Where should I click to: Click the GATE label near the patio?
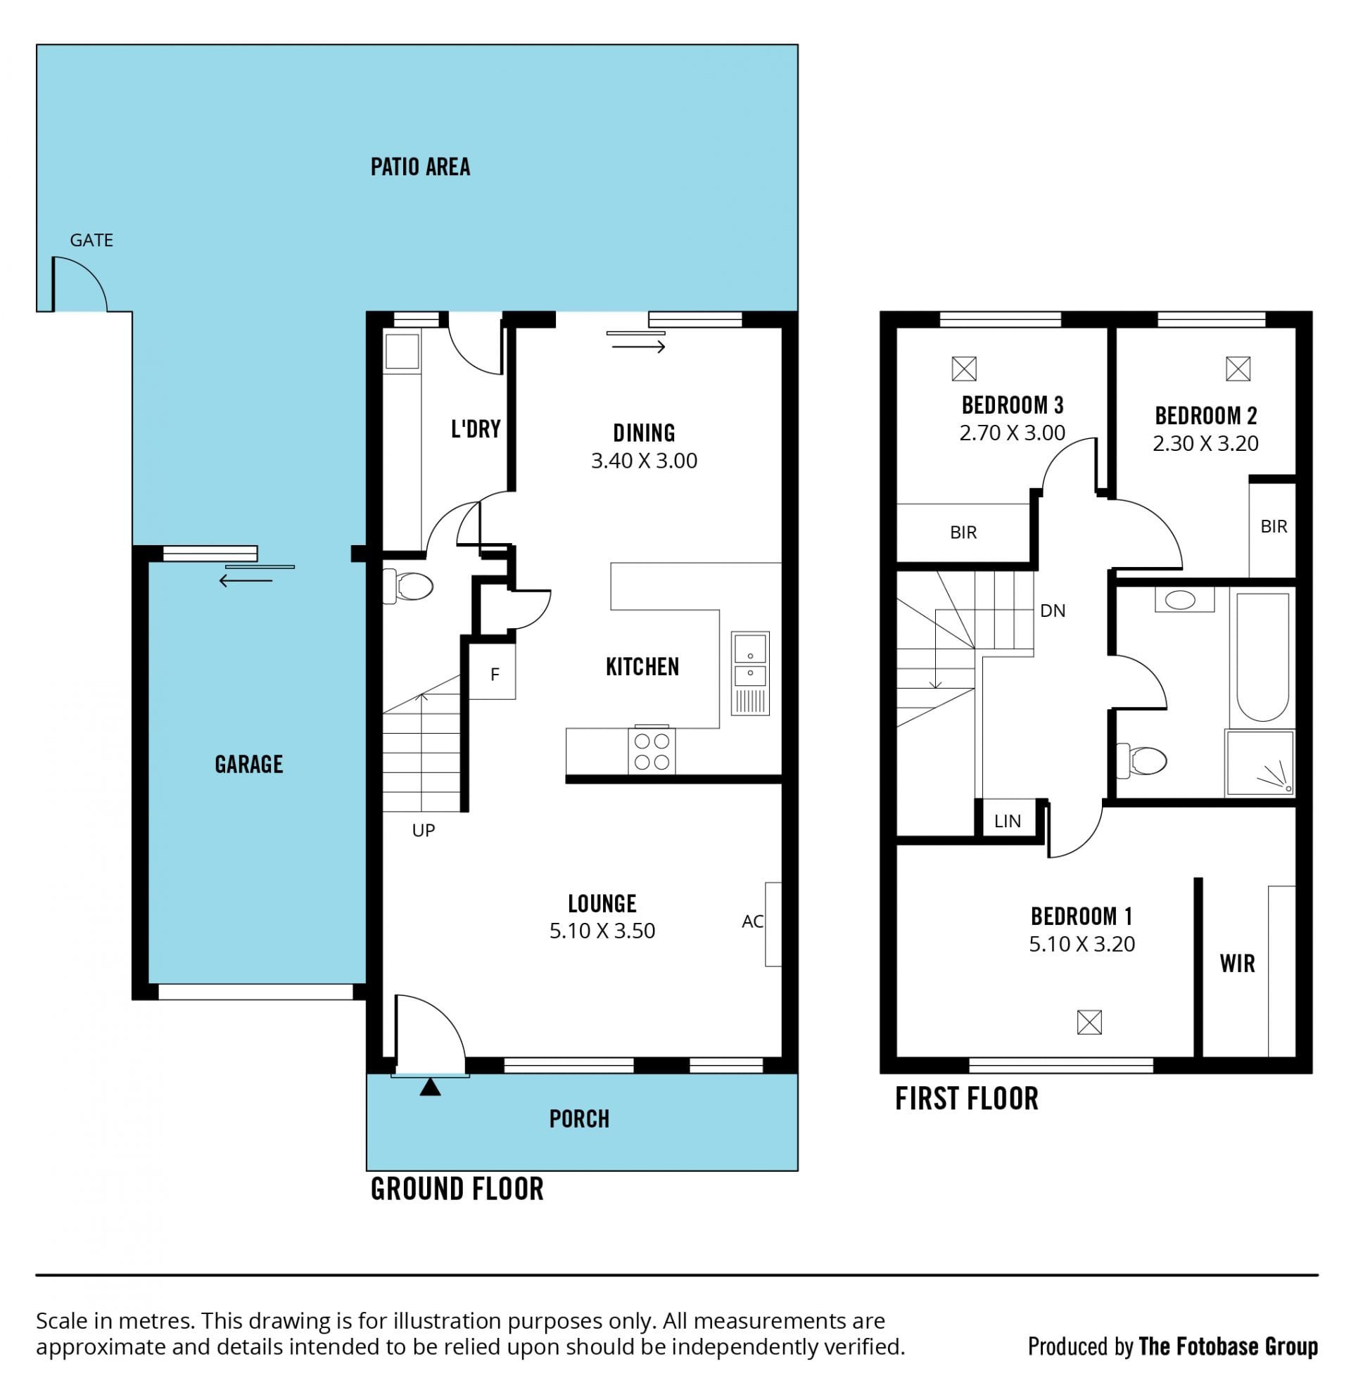point(91,240)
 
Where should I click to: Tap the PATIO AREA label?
point(420,167)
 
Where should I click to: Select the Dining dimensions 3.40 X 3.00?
point(644,461)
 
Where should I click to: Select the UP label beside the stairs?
point(424,829)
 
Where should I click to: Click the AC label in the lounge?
point(752,921)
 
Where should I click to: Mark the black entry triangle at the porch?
point(430,1087)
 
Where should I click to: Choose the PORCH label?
point(579,1119)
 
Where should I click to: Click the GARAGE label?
point(249,764)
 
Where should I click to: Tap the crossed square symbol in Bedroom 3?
point(964,369)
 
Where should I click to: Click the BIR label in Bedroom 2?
point(1274,527)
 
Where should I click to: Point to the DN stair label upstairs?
point(1052,611)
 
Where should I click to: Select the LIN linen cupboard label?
point(1008,821)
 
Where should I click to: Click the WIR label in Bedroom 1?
point(1237,964)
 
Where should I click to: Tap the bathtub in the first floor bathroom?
point(1262,656)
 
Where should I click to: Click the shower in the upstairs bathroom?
point(1260,763)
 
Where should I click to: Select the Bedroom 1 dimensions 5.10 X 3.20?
point(1082,944)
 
